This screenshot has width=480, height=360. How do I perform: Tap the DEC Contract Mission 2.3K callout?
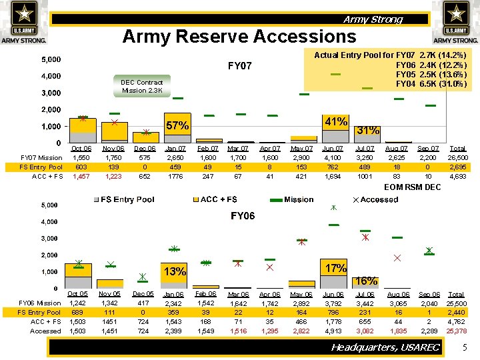click(141, 87)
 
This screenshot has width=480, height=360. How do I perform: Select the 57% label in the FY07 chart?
click(177, 125)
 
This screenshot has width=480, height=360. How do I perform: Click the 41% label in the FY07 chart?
click(335, 122)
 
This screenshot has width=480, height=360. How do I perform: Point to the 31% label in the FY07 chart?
click(368, 130)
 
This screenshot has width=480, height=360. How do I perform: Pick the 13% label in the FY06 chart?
click(175, 271)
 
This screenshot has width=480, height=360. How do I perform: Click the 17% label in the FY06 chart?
click(335, 268)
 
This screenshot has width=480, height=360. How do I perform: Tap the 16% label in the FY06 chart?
click(367, 281)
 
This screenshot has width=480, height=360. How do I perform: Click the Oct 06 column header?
click(81, 149)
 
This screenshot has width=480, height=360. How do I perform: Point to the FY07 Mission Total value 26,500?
click(457, 158)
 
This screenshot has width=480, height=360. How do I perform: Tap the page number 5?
click(465, 347)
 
